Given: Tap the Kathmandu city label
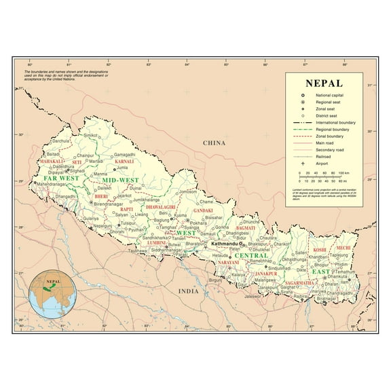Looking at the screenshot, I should pos(223,242).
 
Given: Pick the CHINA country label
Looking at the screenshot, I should pos(213,143).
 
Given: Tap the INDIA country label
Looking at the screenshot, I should pos(188,291).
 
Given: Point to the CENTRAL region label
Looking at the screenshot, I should pos(251,256).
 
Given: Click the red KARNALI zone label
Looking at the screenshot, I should pos(124,162).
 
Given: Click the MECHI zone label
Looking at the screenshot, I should pos(343,248).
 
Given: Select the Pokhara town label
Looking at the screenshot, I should pos(198,222).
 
